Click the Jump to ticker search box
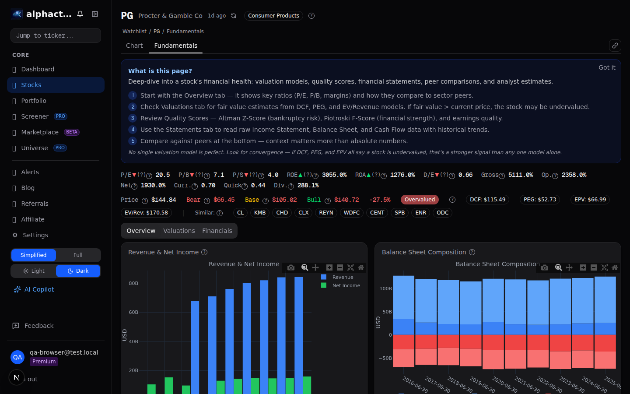(x=56, y=35)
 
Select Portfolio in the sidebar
(x=34, y=101)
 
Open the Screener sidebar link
(x=35, y=116)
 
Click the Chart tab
(x=134, y=46)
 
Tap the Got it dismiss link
(x=606, y=67)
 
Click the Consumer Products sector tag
(x=273, y=16)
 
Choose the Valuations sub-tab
(x=179, y=231)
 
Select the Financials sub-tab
(x=217, y=231)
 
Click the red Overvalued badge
(x=420, y=200)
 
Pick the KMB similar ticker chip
(x=260, y=213)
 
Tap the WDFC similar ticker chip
(x=351, y=213)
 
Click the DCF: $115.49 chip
(x=487, y=200)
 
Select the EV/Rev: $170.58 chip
(x=146, y=213)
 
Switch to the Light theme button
(x=34, y=271)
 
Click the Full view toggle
(x=78, y=255)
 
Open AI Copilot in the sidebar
(x=39, y=289)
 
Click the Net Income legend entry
(x=346, y=285)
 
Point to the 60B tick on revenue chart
(x=133, y=312)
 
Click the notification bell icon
(x=80, y=14)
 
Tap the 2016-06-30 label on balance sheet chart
(x=415, y=384)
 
